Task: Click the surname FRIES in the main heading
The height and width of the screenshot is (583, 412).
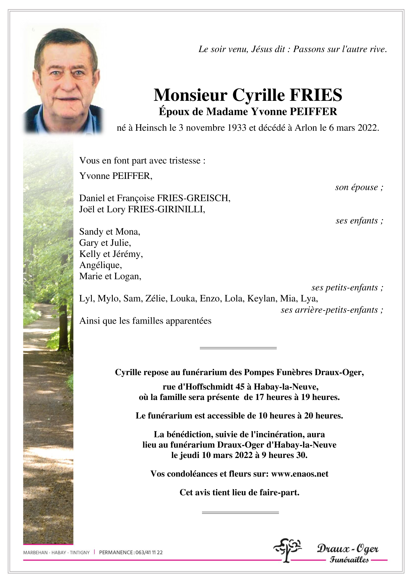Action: tap(316, 95)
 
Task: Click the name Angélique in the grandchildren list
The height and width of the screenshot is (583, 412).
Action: tap(100, 265)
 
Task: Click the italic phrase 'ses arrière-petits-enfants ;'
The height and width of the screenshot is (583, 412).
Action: tap(332, 310)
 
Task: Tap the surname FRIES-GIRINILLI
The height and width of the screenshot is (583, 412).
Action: tap(166, 209)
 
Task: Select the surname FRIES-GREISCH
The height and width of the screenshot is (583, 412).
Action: tap(194, 198)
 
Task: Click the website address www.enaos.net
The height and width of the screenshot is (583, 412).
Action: tap(300, 474)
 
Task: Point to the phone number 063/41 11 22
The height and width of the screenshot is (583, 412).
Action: tap(149, 552)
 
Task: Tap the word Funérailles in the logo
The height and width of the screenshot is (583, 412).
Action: tap(349, 560)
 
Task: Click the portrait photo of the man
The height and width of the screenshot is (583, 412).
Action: tap(64, 81)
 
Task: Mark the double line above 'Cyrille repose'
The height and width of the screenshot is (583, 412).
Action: tap(238, 348)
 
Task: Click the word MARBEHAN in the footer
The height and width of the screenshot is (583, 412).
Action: tap(35, 552)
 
